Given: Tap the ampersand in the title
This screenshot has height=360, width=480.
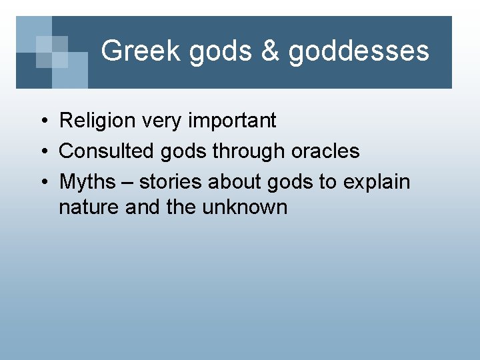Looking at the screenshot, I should point(269,51).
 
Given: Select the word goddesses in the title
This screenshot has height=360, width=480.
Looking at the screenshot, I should point(359,51).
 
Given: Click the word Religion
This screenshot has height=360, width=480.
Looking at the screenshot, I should point(97,121).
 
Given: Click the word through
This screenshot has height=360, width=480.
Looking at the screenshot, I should point(249,151).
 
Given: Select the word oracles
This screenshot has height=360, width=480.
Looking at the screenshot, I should point(325,151).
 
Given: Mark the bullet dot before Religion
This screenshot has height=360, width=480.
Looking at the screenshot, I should point(42,121).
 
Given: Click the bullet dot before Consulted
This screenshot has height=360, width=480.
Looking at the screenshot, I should point(42,152).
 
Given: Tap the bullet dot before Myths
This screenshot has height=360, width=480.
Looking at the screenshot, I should point(42,182).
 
